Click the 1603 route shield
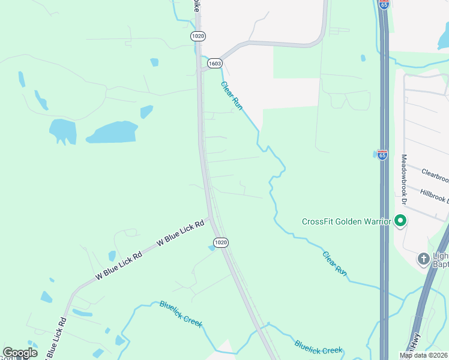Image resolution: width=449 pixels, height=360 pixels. coord(215,63)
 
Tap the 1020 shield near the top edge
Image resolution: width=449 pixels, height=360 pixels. coord(198,36)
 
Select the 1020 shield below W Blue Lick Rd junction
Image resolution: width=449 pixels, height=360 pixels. coord(221,242)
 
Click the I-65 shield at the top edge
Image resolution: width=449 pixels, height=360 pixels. coord(384,4)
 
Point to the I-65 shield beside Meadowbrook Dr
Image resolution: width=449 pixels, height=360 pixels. coord(382,154)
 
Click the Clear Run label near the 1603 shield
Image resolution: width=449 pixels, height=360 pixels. coord(232,95)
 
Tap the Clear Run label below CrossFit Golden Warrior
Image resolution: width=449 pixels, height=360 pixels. coord(334,263)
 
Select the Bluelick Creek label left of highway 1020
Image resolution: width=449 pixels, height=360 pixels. coord(181,314)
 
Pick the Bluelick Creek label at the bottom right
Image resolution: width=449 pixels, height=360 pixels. coord(318,347)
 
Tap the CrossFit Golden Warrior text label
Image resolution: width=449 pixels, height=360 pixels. coord(346,221)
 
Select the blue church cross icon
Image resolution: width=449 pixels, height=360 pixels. coord(424,259)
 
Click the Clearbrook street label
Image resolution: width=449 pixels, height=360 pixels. coord(434,175)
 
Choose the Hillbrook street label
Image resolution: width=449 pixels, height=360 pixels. coord(434,195)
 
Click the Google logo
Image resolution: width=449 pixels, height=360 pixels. coord(20,353)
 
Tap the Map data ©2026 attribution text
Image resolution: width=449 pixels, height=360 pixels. coord(424,355)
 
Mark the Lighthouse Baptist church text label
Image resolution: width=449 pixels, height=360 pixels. coord(440,259)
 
